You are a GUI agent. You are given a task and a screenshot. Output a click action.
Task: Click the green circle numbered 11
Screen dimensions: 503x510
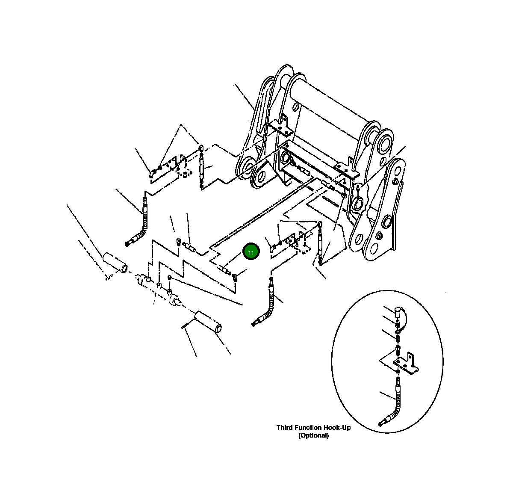(251, 252)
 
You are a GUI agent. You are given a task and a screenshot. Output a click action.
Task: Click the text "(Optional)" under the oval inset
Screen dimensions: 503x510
(314, 435)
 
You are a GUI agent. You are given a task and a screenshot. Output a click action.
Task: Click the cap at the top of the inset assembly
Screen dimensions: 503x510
(398, 310)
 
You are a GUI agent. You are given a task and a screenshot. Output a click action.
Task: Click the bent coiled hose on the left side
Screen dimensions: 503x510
(142, 227)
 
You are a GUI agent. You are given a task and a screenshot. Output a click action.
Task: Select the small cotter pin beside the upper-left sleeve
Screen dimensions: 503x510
(107, 278)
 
